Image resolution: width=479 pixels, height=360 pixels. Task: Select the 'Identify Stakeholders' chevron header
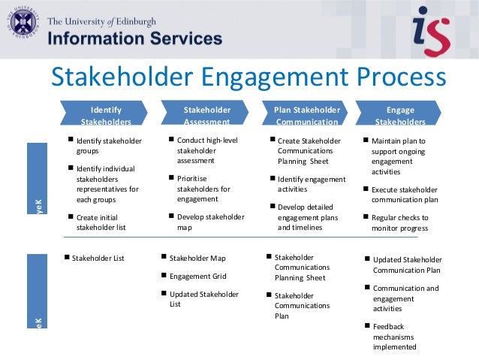point(106,115)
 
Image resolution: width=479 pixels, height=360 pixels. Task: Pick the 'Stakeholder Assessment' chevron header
point(206,115)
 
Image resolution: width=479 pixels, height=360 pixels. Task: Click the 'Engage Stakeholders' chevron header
point(399,115)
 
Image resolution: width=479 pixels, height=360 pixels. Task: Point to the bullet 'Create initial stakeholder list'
point(105,222)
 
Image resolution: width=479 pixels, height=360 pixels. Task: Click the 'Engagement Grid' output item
point(197,276)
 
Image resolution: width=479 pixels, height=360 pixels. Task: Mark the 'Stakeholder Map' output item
point(197,258)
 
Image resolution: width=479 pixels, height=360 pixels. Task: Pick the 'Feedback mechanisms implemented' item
point(394,337)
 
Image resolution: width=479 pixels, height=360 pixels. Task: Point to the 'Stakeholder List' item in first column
point(98,258)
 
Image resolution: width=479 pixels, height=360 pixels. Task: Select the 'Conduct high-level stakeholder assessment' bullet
point(206,150)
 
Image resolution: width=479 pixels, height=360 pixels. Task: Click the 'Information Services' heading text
point(136,38)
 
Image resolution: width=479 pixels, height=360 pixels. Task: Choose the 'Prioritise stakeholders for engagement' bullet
point(203,189)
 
